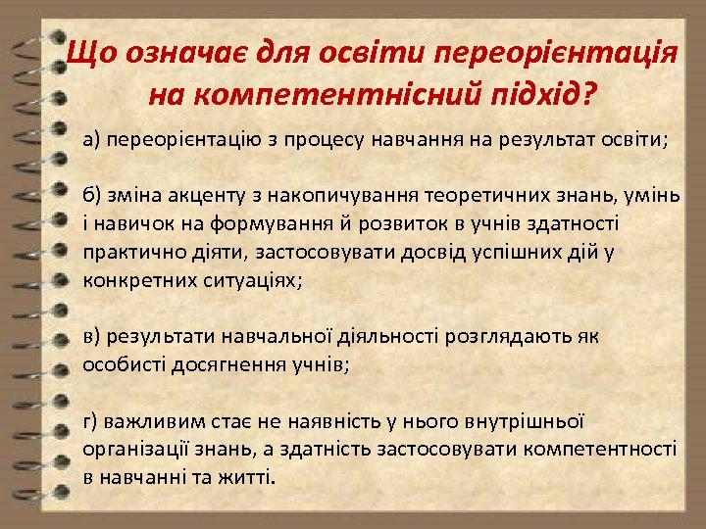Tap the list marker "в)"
coord(92,337)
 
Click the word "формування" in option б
coord(250,224)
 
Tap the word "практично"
coord(127,252)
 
